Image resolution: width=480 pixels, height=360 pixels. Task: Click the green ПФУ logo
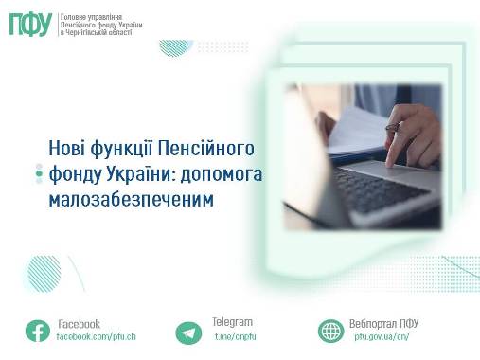pyautogui.click(x=30, y=25)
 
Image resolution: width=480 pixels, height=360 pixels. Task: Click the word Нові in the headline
pyautogui.click(x=67, y=148)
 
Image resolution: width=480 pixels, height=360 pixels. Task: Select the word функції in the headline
pyautogui.click(x=121, y=149)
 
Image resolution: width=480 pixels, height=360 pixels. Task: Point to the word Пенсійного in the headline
pyautogui.click(x=205, y=149)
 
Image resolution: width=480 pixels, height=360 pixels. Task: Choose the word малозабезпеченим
pyautogui.click(x=132, y=200)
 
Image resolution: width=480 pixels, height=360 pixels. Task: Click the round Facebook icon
pyautogui.click(x=38, y=331)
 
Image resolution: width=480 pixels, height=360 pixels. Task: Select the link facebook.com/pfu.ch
pyautogui.click(x=96, y=336)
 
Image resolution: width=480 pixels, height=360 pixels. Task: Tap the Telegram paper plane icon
pyautogui.click(x=188, y=333)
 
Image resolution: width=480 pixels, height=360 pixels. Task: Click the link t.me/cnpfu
pyautogui.click(x=235, y=336)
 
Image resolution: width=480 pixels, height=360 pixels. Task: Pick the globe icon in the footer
pyautogui.click(x=330, y=331)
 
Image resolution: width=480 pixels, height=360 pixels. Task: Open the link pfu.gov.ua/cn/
pyautogui.click(x=382, y=336)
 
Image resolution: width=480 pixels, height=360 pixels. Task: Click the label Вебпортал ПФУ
pyautogui.click(x=383, y=323)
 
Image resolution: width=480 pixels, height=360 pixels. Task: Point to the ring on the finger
pyautogui.click(x=393, y=127)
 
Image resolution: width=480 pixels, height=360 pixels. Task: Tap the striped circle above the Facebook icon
pyautogui.click(x=44, y=274)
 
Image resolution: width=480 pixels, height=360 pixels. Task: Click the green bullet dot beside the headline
pyautogui.click(x=39, y=173)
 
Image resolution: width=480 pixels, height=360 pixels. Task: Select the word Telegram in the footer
pyautogui.click(x=232, y=322)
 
